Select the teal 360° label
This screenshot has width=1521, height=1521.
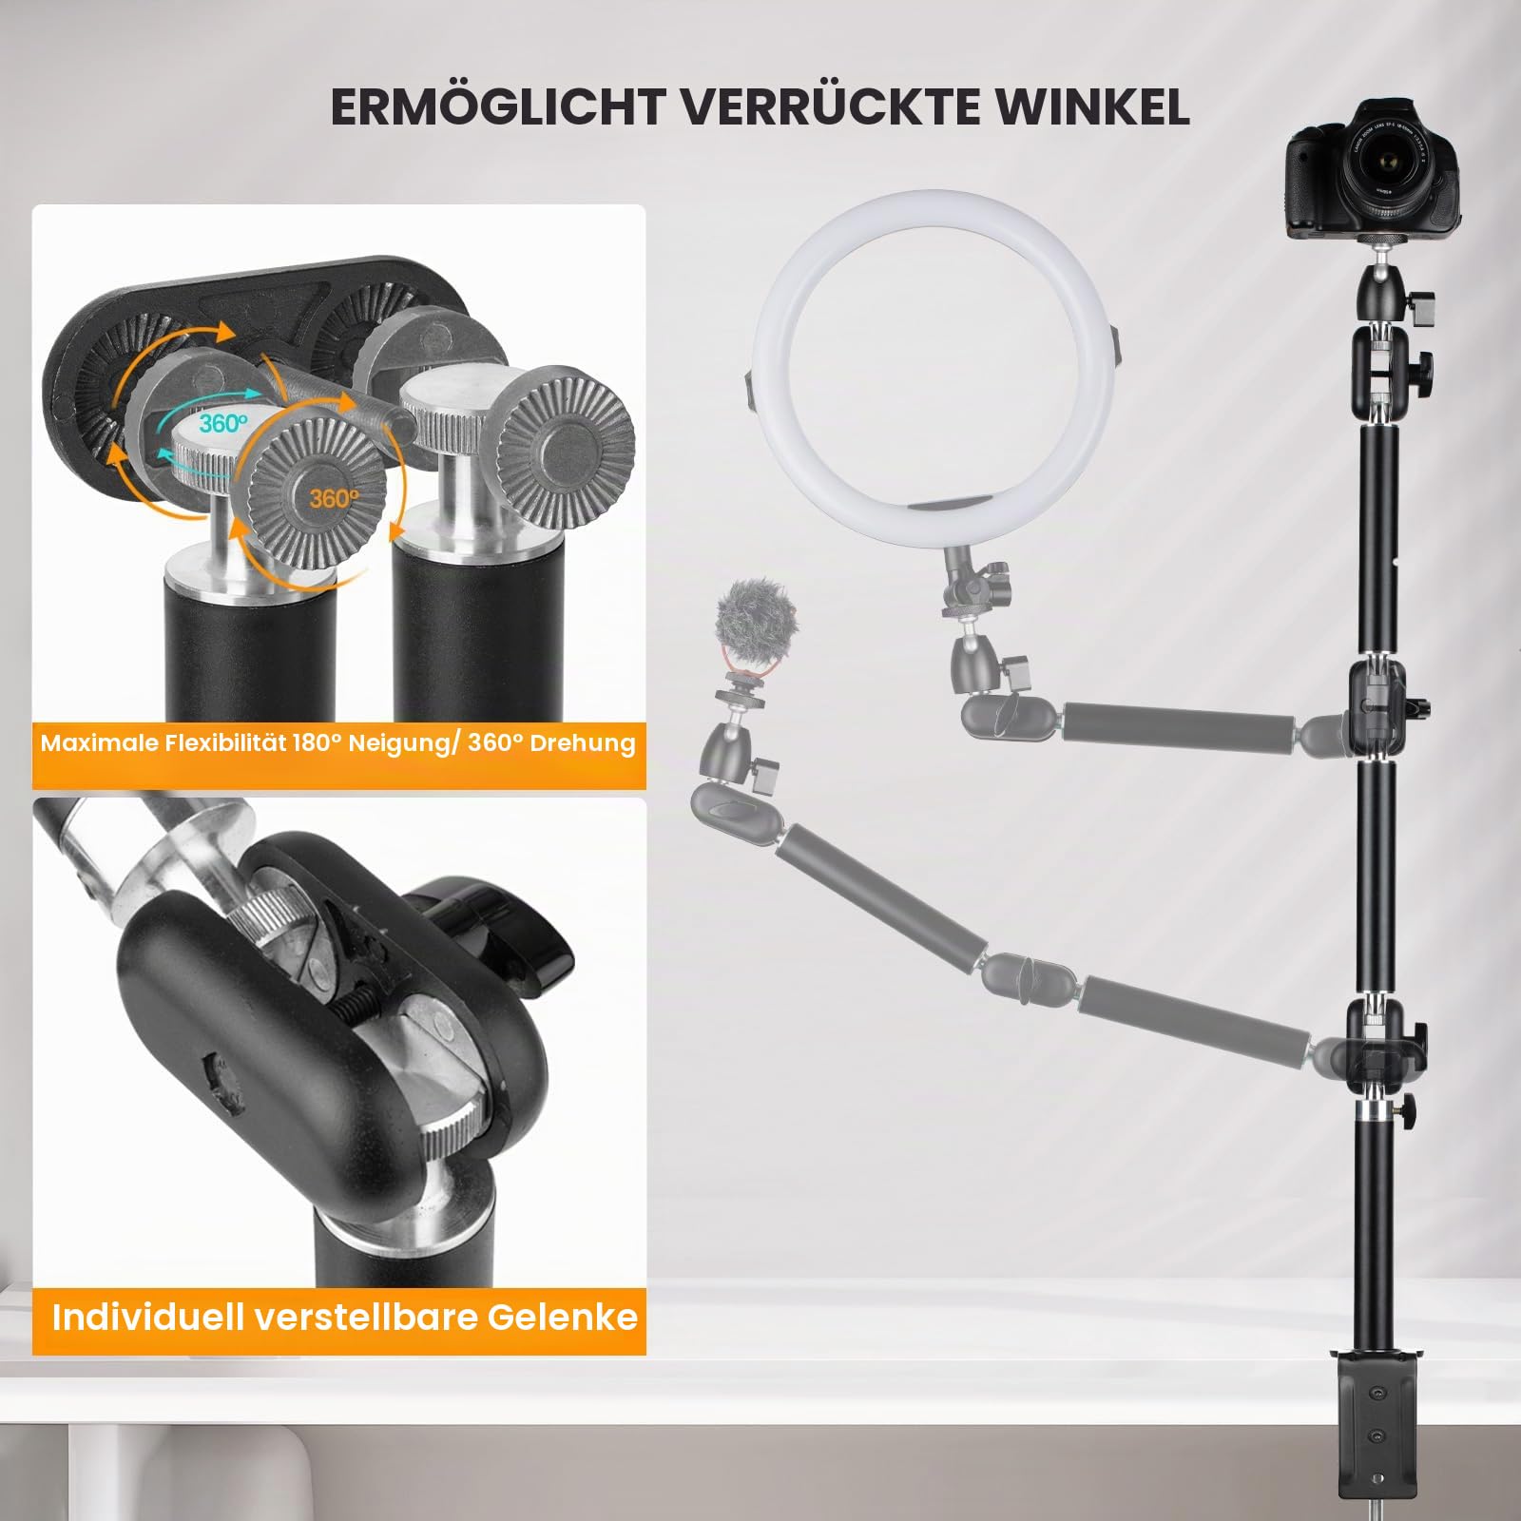coord(223,423)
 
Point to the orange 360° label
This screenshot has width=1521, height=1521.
coord(334,497)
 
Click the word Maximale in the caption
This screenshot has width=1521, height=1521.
coord(98,742)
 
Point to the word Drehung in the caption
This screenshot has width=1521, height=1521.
coord(582,742)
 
